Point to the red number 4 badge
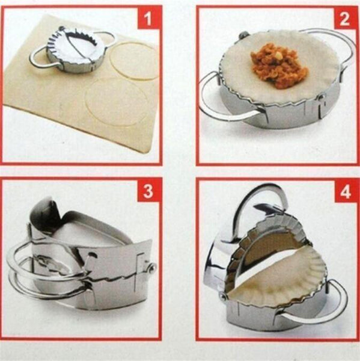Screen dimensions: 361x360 344,193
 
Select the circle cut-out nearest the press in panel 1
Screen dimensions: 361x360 133,61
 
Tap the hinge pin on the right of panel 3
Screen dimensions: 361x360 153,267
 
